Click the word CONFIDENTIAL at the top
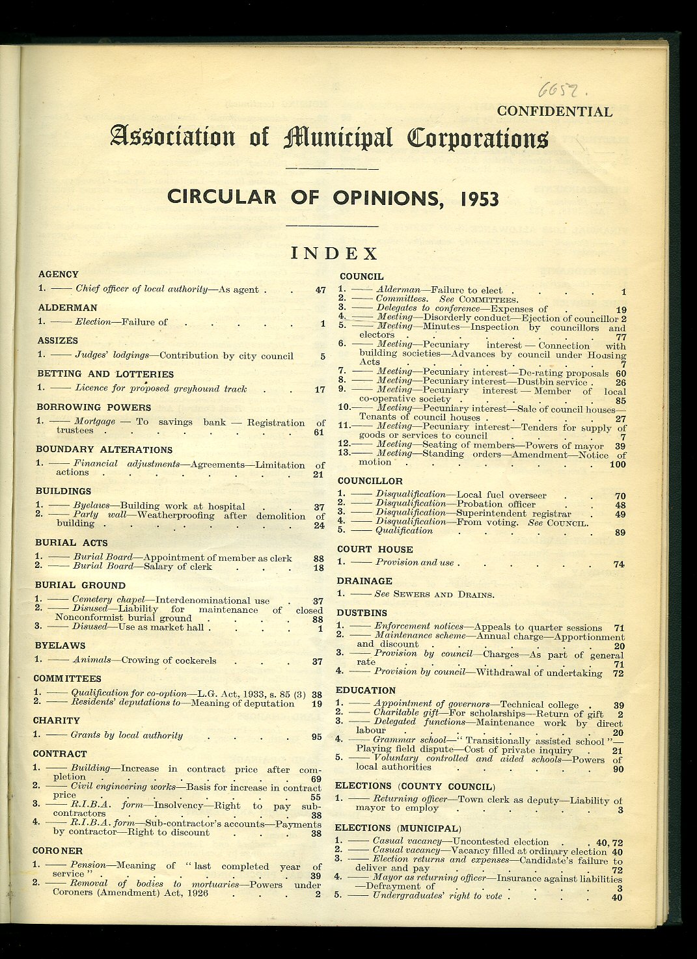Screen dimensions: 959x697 point(554,111)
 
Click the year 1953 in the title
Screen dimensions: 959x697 point(479,198)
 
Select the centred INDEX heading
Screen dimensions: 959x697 point(334,253)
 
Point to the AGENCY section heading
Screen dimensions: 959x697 point(58,275)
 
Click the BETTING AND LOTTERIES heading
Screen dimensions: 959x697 point(105,374)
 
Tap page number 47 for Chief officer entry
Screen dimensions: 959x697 point(320,290)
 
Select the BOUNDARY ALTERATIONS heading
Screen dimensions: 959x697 point(104,450)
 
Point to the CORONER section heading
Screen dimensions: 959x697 point(57,850)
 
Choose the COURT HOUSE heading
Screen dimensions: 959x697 point(375,549)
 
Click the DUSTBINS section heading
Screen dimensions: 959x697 point(362,613)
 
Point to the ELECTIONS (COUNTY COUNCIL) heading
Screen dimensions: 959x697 point(415,787)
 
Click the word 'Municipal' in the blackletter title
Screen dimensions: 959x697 point(338,138)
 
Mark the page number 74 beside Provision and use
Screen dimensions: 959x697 point(619,564)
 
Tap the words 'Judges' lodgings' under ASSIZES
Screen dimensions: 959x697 point(112,356)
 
